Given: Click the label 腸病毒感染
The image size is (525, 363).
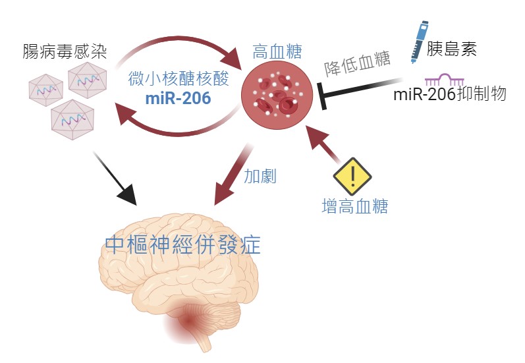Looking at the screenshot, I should [64, 51].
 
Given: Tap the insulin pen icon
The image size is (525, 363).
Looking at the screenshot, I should [418, 41].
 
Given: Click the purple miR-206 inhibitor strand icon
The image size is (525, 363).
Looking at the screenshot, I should [443, 80].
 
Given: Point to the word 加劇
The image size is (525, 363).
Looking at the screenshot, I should [260, 176].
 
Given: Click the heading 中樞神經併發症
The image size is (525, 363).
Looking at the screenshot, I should [183, 245].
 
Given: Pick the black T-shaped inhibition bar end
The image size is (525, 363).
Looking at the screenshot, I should [321, 94].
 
